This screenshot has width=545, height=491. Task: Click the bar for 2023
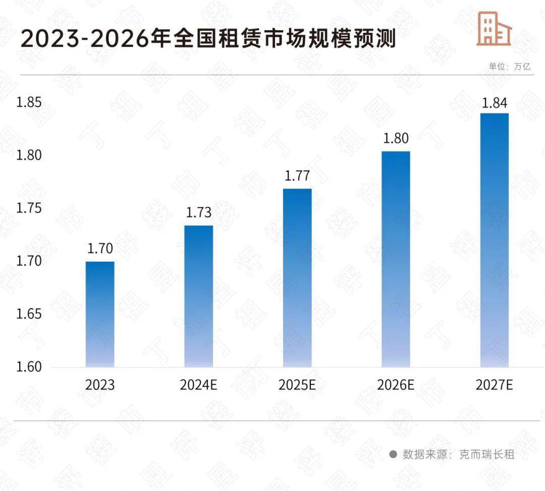coord(100,314)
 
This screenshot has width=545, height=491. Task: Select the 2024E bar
coord(198,296)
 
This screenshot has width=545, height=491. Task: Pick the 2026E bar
coord(396,259)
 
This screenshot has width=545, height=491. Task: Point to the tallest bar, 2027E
coord(494,240)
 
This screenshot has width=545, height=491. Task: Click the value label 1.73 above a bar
coord(198,213)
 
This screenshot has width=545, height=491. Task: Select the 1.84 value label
coord(494,103)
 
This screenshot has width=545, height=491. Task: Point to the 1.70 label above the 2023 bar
coord(100,249)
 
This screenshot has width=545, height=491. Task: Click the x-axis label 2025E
coord(297,385)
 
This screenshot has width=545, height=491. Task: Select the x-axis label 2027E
coord(494,385)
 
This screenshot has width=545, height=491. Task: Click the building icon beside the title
coord(494,29)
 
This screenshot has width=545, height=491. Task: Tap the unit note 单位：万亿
coord(509,66)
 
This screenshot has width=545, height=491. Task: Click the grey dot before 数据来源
coord(393,455)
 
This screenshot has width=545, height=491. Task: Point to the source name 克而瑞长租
coord(486,455)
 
